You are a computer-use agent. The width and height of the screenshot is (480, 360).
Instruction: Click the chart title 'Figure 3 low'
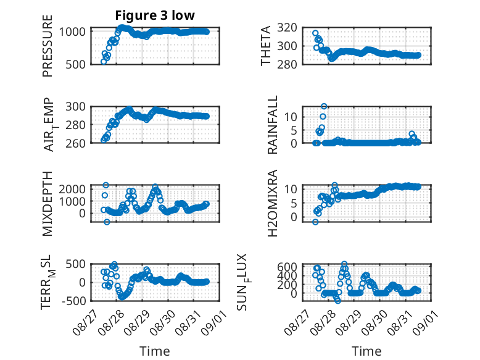click(155, 15)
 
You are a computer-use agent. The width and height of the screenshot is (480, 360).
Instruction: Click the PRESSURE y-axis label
click(48, 46)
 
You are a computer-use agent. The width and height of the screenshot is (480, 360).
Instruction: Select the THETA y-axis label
click(266, 46)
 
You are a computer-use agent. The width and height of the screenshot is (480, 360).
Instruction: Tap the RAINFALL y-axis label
click(272, 125)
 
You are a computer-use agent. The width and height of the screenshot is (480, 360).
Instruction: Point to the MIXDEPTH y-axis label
click(48, 204)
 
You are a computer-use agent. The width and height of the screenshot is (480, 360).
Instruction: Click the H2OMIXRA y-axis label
click(272, 203)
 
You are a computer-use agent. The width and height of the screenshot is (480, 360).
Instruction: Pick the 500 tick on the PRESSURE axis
click(75, 64)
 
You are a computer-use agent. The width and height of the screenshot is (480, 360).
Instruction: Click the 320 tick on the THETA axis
click(287, 28)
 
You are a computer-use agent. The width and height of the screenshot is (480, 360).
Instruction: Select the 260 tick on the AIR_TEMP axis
click(75, 143)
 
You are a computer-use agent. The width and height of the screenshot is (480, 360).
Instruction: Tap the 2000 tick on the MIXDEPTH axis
click(72, 189)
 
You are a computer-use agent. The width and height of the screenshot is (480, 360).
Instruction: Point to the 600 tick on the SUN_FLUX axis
click(287, 267)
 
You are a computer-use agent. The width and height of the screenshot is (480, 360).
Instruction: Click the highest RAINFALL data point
click(324, 106)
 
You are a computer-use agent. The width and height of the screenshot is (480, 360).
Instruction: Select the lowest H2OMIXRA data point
click(315, 222)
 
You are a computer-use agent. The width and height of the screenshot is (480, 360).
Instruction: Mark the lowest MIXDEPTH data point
click(107, 222)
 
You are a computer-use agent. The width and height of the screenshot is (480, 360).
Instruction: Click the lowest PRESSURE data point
click(104, 62)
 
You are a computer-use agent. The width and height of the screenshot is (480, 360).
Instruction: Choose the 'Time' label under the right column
click(366, 351)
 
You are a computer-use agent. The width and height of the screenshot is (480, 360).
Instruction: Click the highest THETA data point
click(315, 33)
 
